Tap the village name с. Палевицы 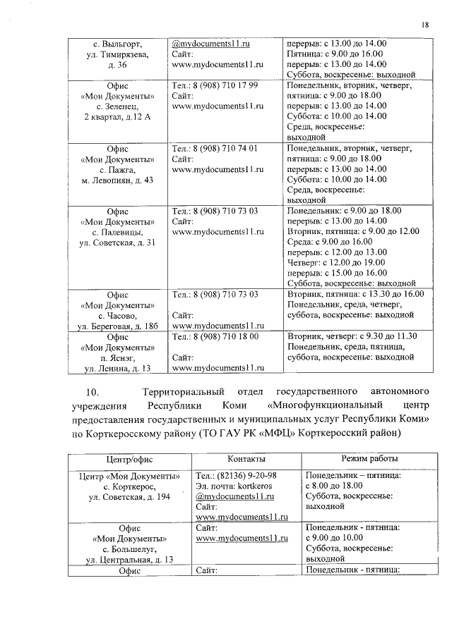coord(117,232)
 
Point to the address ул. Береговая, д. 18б coord(117,326)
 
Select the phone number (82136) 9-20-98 coord(245,475)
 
